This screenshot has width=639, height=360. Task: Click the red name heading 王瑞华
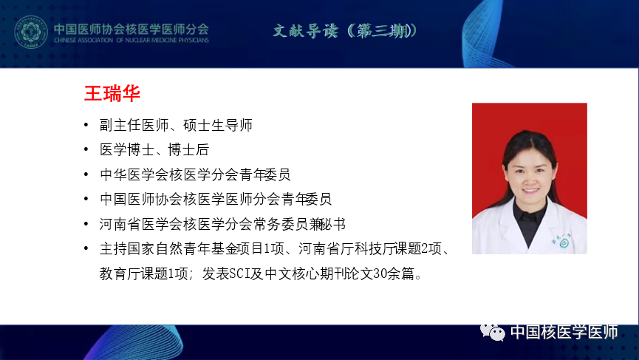112,93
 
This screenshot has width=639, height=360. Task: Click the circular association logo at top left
30,32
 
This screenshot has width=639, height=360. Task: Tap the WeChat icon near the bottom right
492,332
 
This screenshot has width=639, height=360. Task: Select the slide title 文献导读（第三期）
345,30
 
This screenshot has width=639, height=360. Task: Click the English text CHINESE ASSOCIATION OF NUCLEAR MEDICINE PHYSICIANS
131,41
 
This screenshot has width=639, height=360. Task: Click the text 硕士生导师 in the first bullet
218,125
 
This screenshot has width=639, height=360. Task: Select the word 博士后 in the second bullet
188,149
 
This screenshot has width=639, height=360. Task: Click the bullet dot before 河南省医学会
86,224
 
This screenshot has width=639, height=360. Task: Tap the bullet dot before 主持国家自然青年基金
86,248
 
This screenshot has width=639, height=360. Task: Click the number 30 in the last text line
380,274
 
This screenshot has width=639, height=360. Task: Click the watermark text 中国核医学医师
564,332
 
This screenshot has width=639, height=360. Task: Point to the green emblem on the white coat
564,243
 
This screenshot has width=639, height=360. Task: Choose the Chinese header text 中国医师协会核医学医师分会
131,29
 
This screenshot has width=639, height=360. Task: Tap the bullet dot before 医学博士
86,149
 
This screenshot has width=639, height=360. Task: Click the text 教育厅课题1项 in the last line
143,274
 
